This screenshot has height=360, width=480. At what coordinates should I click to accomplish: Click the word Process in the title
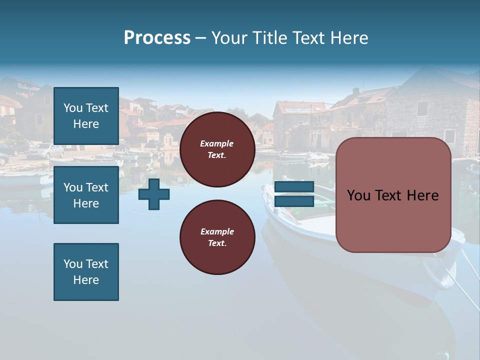click(x=157, y=38)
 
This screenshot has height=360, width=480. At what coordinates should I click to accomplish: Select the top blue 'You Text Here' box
click(x=86, y=116)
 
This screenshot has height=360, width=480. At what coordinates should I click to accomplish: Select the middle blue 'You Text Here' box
click(x=86, y=195)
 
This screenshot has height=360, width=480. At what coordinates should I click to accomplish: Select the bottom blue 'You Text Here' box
click(x=86, y=272)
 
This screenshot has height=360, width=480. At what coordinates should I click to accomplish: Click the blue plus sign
click(x=154, y=194)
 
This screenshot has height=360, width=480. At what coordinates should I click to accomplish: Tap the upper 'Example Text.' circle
click(x=217, y=149)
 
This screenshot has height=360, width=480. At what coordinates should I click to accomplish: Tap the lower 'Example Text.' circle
click(x=217, y=237)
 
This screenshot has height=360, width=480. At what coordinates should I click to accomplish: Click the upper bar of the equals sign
click(x=294, y=187)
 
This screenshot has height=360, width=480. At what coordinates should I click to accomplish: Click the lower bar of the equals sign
click(x=294, y=201)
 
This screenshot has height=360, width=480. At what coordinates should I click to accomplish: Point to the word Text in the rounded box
click(x=392, y=195)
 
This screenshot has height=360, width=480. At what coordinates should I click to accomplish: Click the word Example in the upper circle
click(x=217, y=143)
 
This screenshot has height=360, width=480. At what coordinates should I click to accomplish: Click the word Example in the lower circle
click(x=217, y=231)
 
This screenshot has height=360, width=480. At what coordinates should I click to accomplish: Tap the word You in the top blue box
click(x=73, y=108)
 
